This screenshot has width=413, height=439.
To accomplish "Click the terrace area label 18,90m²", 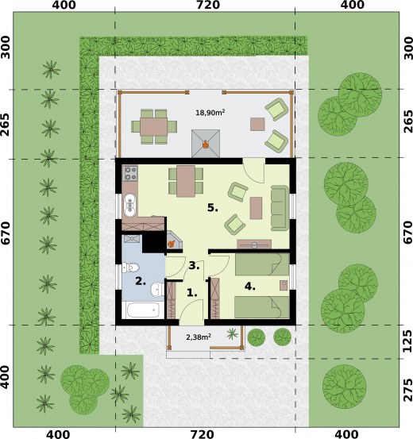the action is [210, 113].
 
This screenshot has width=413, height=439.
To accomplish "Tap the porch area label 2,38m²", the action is [199, 337].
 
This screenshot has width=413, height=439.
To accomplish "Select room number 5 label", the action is [213, 208].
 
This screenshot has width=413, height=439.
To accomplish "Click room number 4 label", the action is [250, 286].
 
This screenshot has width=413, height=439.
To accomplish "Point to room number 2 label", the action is [141, 281].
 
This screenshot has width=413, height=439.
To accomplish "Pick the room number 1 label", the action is [192, 293].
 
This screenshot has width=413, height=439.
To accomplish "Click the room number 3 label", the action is [194, 266].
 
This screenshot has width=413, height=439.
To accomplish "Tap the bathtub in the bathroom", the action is [143, 310].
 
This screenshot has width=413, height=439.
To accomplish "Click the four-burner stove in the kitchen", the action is [130, 174].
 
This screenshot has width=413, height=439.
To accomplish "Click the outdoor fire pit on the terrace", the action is [206, 144].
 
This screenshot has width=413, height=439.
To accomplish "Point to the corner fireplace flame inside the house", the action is [171, 244].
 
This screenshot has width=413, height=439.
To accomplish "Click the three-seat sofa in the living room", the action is [280, 208].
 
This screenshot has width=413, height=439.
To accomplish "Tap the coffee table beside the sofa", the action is [256, 208].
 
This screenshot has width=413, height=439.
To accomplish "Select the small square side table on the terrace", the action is [257, 125].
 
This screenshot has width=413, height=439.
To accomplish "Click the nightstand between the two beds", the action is [284, 285].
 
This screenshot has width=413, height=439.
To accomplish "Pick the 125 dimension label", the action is [407, 341].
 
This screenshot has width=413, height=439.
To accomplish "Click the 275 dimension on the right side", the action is [407, 390].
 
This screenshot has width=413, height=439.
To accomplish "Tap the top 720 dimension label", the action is [207, 5].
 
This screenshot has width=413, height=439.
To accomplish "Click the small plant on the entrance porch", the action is [232, 333].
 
